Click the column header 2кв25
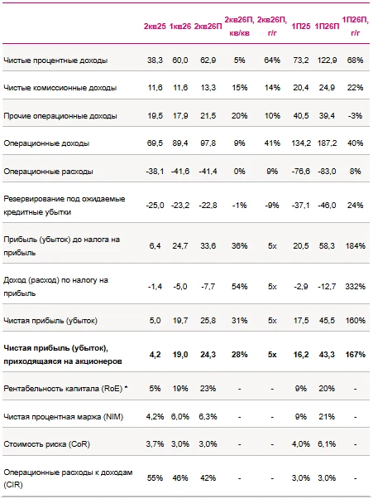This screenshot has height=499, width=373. coord(155,27)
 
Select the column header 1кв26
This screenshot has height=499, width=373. coord(180,27)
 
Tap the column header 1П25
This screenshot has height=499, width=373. coord(300,27)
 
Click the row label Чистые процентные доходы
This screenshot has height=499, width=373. coord(55,61)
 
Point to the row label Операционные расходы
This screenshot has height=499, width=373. coord(48,172)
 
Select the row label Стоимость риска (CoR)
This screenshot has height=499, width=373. coord(46,444)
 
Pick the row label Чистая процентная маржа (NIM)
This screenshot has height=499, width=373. coord(63,417)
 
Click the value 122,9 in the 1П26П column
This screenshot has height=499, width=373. coord(327,61)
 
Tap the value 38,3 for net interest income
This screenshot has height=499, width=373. coord(155,61)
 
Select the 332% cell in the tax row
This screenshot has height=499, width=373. coord(356,287)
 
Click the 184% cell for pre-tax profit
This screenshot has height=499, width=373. coord(356,245)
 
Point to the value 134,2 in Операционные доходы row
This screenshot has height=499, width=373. coord(301,143)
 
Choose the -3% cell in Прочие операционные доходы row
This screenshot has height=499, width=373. coord(356,115)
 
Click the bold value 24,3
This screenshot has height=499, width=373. coord(208,355)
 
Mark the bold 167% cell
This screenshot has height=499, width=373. coord(356,355)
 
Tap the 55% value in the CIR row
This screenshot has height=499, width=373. coord(155,478)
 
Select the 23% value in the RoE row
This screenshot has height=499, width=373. coord(208,389)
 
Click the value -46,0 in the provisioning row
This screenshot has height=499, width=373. coord(327,206)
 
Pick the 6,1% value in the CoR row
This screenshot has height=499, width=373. coord(327,444)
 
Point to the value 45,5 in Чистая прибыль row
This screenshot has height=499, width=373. coord(327,321)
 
